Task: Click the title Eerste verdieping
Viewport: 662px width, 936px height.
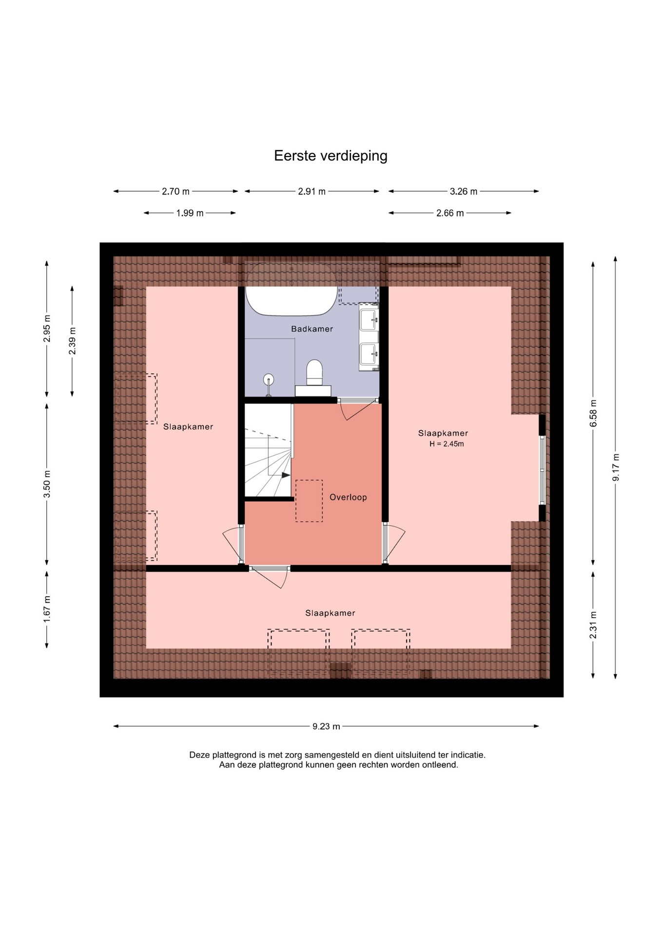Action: (x=331, y=156)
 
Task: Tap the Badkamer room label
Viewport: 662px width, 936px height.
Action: (x=312, y=329)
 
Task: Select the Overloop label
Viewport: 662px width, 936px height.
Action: (x=348, y=497)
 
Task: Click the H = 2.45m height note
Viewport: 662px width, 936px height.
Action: (x=447, y=444)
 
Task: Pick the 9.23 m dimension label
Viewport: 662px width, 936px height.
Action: (x=326, y=726)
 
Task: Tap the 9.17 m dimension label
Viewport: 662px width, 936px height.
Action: (x=616, y=468)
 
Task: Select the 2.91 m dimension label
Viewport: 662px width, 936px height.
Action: (x=312, y=192)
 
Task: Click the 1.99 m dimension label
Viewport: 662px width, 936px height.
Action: (x=190, y=213)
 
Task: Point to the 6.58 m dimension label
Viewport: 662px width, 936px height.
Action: (x=593, y=413)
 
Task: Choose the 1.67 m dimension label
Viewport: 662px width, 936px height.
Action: (x=47, y=609)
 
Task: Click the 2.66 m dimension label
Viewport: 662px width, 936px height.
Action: (x=450, y=213)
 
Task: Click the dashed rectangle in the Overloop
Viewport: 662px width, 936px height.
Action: (x=309, y=501)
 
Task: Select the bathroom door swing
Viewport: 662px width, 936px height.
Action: (x=359, y=409)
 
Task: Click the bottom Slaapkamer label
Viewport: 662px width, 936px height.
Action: (x=330, y=613)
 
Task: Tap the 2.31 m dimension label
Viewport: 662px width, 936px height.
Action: (x=593, y=625)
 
